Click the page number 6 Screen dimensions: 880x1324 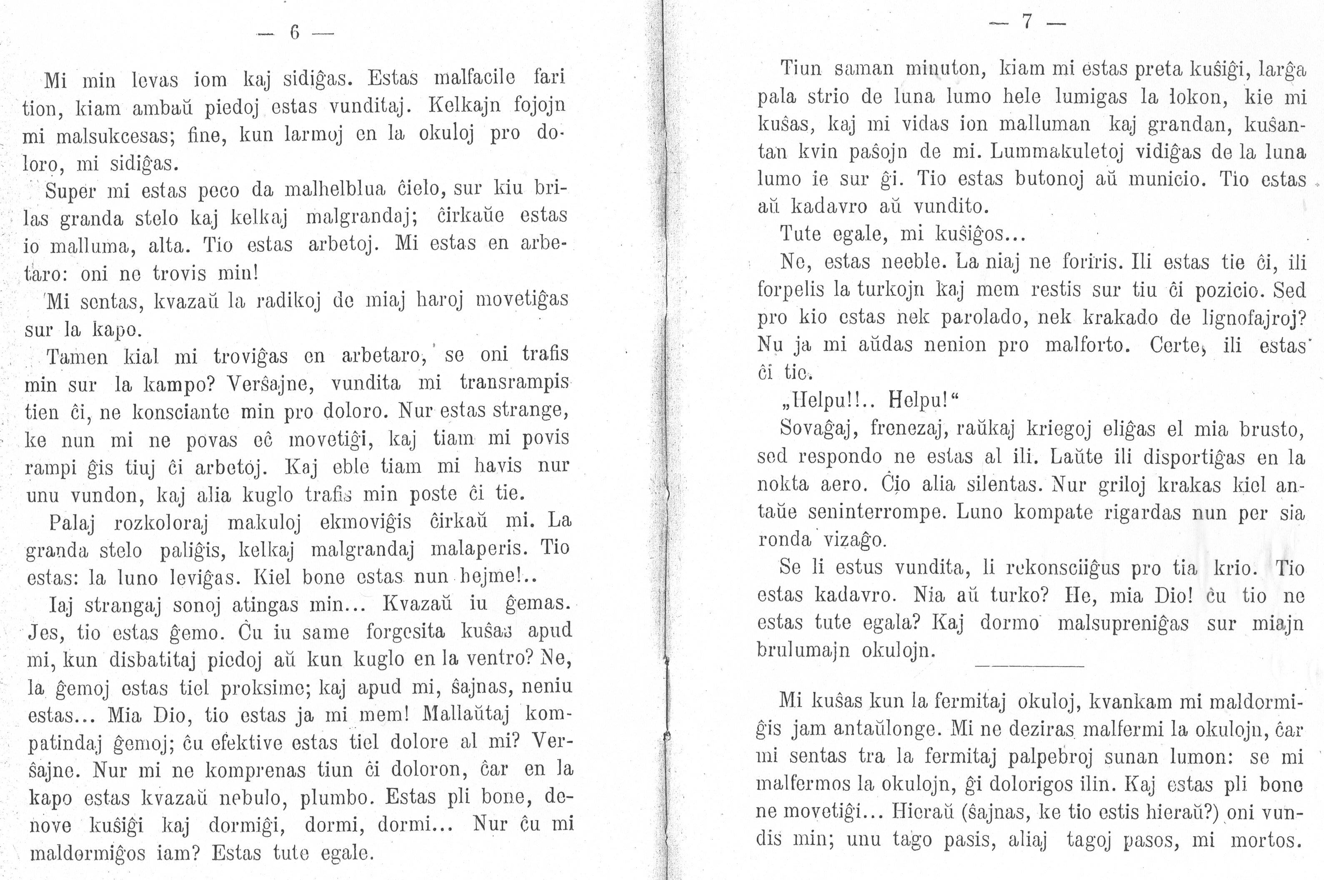tap(295, 33)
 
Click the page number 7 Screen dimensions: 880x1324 tap(1026, 22)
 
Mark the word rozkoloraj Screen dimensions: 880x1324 tap(161, 522)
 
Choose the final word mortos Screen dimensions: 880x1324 tap(1266, 840)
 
